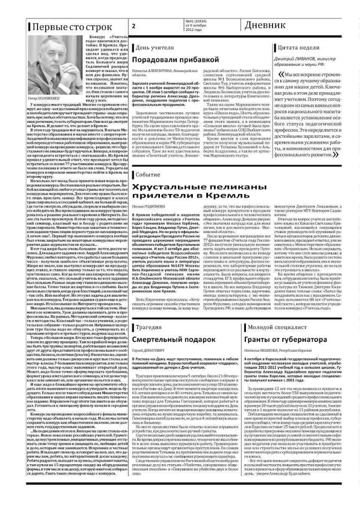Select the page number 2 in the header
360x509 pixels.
tap(134, 27)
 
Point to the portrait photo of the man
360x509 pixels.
tap(46, 65)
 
